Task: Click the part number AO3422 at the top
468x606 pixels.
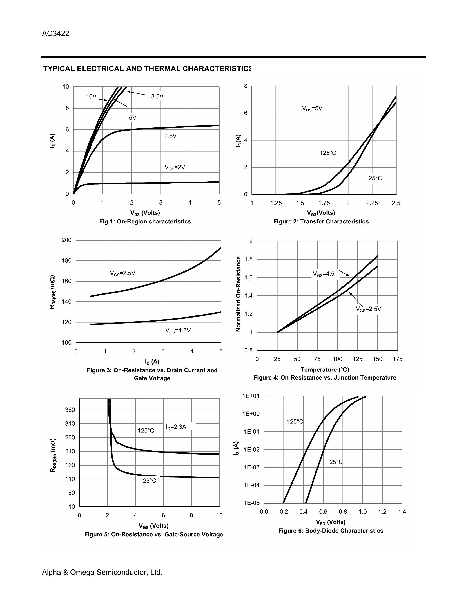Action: click(x=55, y=34)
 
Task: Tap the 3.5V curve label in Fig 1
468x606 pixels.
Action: click(x=157, y=97)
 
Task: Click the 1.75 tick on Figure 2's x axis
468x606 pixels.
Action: click(x=324, y=203)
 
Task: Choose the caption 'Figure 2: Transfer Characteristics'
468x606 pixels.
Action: click(x=321, y=221)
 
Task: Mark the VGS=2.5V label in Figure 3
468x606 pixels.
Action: click(x=123, y=273)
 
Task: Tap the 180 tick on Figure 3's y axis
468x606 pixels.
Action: click(x=67, y=261)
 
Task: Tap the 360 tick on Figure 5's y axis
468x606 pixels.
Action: click(x=70, y=410)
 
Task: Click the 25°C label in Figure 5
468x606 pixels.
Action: click(x=149, y=481)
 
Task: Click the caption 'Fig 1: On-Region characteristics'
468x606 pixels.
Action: click(x=145, y=221)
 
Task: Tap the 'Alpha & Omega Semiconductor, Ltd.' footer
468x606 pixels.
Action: click(x=102, y=572)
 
